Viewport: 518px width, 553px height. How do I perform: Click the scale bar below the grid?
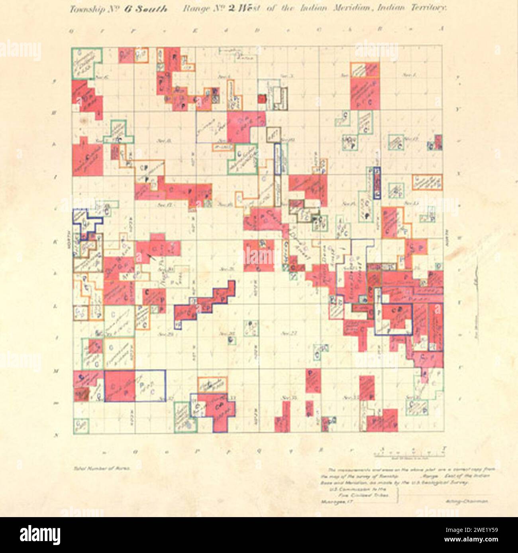(x=409, y=454)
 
